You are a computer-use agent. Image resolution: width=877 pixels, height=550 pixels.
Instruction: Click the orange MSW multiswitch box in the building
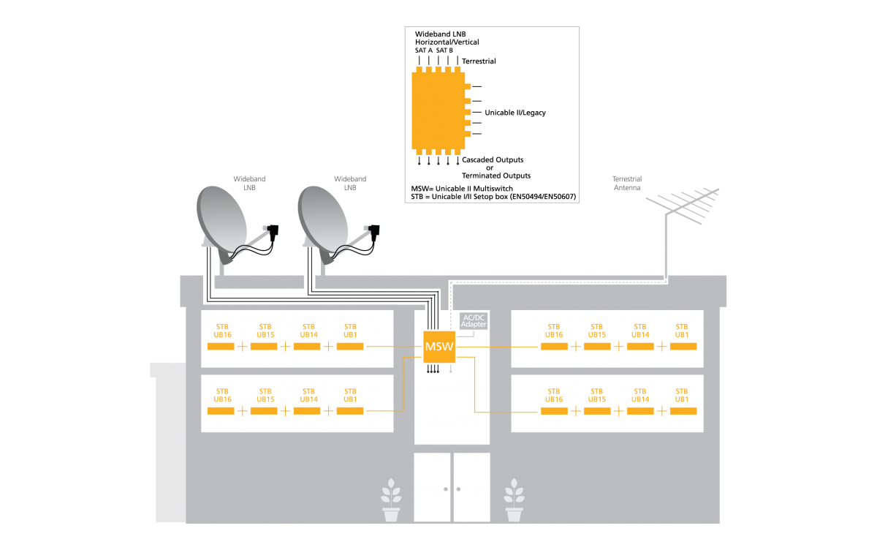(x=439, y=346)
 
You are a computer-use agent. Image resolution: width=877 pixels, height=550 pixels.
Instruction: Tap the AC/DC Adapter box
(x=474, y=320)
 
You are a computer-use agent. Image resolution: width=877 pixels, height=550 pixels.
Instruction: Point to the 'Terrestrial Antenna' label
(x=627, y=183)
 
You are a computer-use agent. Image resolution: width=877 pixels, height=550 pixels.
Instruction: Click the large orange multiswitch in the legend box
(x=438, y=110)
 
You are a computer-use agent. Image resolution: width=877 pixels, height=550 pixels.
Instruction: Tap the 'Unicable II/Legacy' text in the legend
(x=515, y=113)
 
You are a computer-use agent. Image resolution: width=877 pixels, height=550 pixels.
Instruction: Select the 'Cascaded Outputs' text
(x=493, y=159)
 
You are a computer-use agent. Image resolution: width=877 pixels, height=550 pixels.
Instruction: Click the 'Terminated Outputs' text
(x=496, y=176)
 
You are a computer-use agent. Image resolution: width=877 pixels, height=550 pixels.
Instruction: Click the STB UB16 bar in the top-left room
(x=221, y=346)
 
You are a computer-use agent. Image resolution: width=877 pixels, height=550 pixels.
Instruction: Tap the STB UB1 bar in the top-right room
(x=683, y=346)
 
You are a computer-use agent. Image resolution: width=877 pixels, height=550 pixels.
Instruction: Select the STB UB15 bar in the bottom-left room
(x=264, y=411)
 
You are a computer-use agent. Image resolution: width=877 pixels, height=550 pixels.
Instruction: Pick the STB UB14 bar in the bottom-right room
(x=639, y=411)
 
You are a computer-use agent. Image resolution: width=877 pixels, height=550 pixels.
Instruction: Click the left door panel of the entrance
(x=433, y=487)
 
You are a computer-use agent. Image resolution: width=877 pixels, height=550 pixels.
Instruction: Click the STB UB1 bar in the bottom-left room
(x=350, y=411)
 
